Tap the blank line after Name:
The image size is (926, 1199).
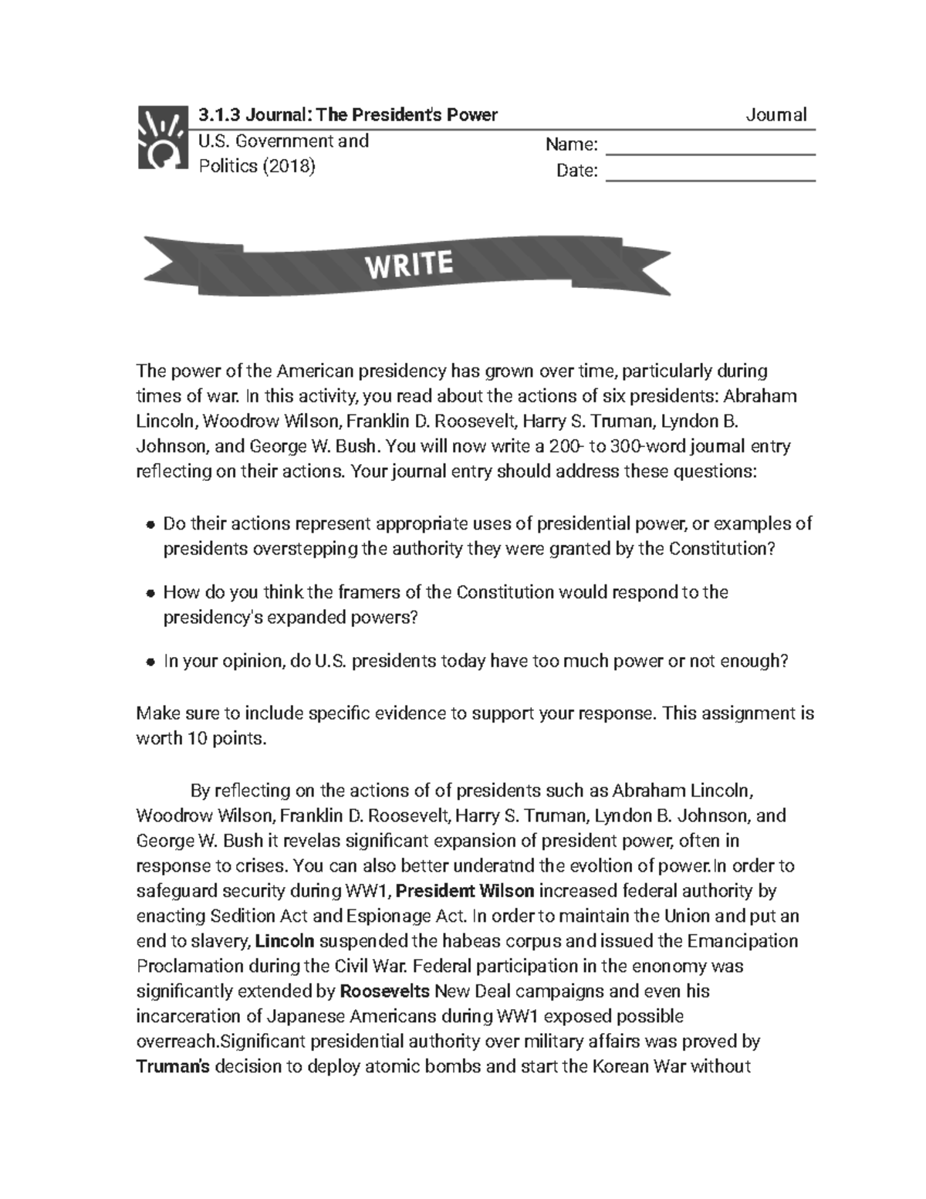711,147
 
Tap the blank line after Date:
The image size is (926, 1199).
711,173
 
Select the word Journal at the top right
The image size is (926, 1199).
776,115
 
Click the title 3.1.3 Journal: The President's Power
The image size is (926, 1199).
348,115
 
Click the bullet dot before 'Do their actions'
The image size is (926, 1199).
150,525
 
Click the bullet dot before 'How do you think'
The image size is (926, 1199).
150,594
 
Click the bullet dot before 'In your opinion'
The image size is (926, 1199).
150,662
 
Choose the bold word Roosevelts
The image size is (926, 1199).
385,991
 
